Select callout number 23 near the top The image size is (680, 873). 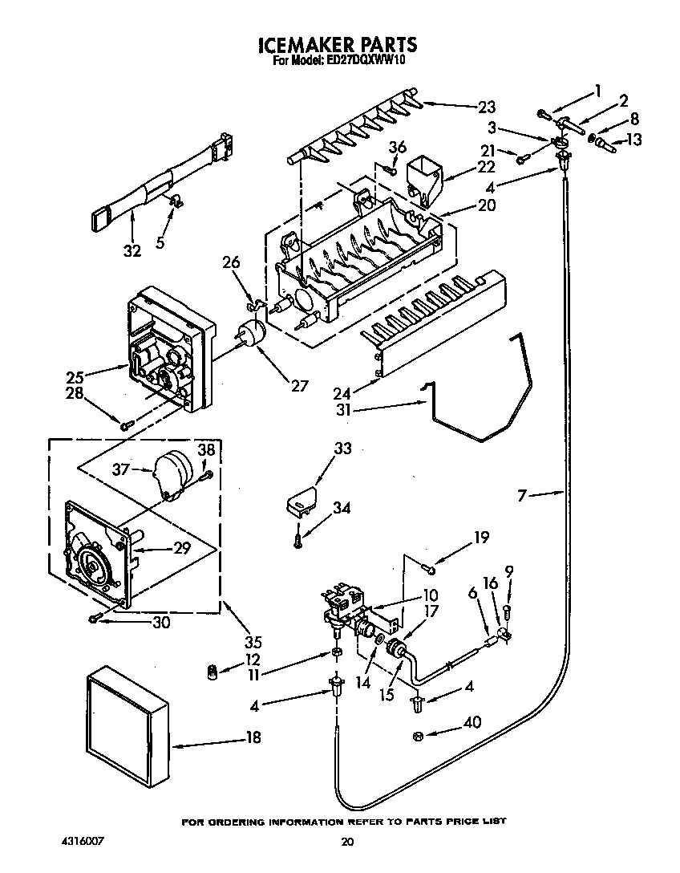coord(487,107)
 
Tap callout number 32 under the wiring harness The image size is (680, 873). coord(132,251)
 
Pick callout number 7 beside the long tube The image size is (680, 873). coord(522,497)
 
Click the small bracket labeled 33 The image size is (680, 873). coord(300,501)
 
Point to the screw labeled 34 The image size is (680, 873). coord(297,542)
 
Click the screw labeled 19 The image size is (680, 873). coord(431,570)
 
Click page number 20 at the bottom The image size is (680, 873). coord(346,842)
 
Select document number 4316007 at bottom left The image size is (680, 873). coord(83,842)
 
